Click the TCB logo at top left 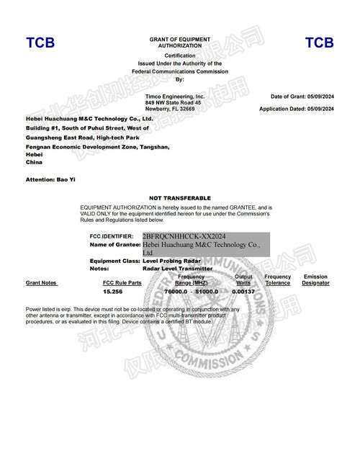coord(40,43)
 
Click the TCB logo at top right coord(319,43)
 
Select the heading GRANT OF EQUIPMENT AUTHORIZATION coord(180,42)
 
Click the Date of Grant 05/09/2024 coord(302,97)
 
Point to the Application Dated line coord(297,109)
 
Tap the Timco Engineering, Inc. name coord(175,96)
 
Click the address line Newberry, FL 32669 coord(170,109)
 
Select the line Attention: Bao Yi coord(50,178)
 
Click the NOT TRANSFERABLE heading coord(180,197)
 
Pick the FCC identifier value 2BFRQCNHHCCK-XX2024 coord(184,236)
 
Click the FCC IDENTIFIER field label coord(111,236)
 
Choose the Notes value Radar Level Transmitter coord(178,269)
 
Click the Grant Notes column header coord(41,283)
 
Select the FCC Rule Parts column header coord(122,283)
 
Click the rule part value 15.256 coord(113,292)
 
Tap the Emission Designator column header coord(315,280)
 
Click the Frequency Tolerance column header coord(277,280)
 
